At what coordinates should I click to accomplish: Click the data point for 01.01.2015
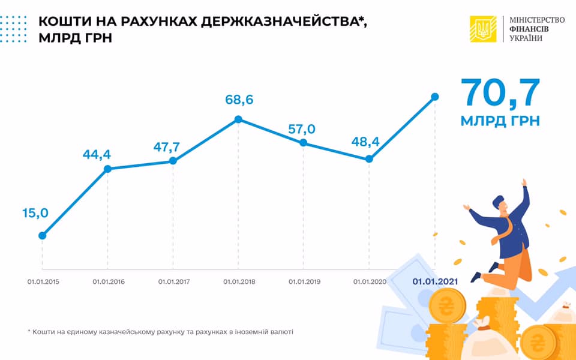pos(43,235)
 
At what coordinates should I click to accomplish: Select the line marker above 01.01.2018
pos(238,119)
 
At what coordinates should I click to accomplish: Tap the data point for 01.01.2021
pos(435,97)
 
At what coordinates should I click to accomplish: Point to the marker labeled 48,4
pos(369,159)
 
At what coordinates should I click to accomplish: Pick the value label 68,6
pos(238,100)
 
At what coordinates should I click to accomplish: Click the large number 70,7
pos(500,93)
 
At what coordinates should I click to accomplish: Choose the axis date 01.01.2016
pos(109,281)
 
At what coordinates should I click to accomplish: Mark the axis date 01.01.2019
pos(304,281)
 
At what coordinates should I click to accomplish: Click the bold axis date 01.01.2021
pos(435,281)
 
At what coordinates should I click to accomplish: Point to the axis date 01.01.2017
pos(173,281)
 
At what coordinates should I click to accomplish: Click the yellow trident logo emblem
pos(484,28)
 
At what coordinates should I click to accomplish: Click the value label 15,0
pos(36,213)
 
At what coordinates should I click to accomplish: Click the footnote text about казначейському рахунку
pos(161,331)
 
